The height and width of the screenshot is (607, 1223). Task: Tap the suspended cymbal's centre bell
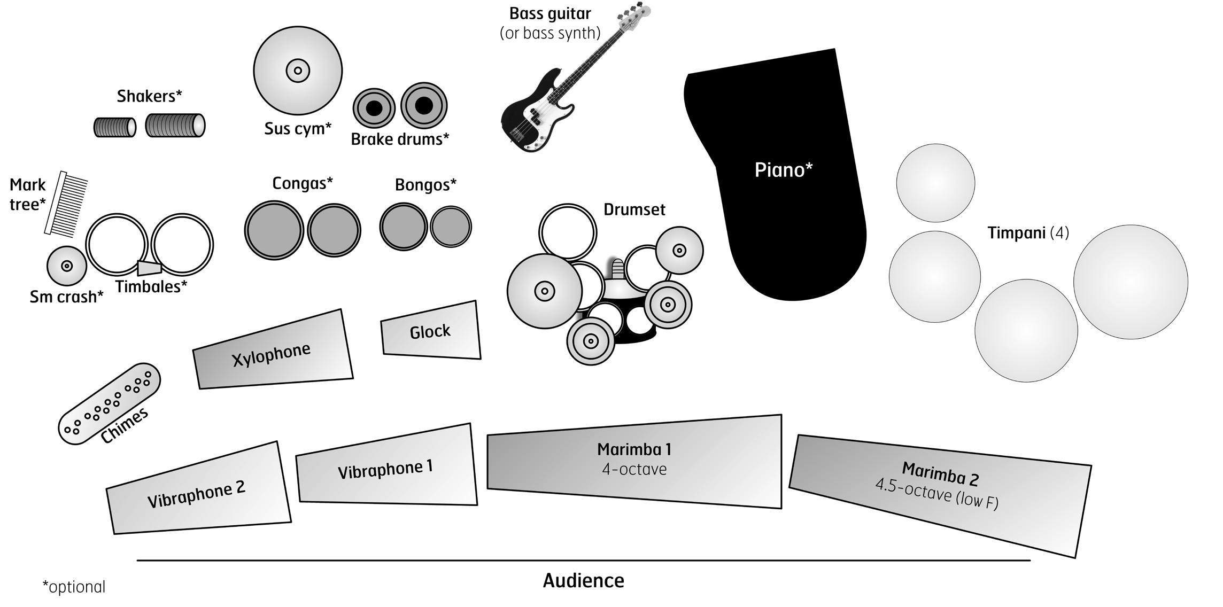[298, 70]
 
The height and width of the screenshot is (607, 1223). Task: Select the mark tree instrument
[65, 204]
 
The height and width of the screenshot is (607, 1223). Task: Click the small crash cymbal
[67, 266]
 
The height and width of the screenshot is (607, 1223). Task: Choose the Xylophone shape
[273, 351]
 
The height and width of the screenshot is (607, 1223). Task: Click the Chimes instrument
[110, 403]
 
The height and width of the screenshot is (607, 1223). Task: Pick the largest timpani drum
[1131, 282]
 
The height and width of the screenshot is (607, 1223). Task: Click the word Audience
[584, 581]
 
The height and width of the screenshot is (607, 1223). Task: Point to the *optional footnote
[74, 587]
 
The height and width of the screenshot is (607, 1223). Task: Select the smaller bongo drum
[451, 227]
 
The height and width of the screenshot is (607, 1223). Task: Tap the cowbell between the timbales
[149, 267]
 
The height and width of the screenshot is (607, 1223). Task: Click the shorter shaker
[115, 127]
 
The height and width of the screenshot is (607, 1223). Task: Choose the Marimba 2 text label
[940, 474]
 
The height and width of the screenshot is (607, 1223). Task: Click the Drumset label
[634, 209]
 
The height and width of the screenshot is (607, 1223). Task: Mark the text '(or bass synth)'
[550, 33]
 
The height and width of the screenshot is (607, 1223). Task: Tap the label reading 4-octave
[634, 469]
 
